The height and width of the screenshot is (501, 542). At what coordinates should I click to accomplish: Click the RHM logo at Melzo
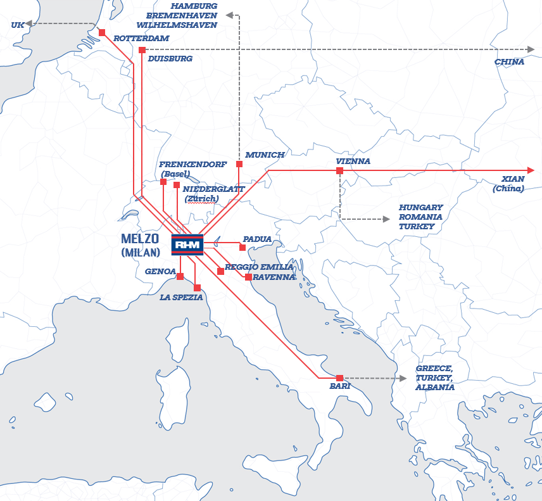tap(187, 244)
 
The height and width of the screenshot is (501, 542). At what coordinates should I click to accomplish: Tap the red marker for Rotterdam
tap(102, 32)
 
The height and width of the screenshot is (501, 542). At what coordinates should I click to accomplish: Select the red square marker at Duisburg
tap(142, 50)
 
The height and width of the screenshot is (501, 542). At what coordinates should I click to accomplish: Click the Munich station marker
tap(239, 164)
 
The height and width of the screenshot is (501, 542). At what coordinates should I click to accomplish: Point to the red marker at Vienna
tap(340, 171)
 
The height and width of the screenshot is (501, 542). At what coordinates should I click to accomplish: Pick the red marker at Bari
tap(340, 378)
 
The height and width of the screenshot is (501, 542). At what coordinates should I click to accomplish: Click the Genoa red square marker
tap(180, 276)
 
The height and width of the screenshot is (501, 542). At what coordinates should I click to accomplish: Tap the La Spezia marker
tap(197, 288)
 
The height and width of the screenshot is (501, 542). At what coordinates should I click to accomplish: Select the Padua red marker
tap(243, 247)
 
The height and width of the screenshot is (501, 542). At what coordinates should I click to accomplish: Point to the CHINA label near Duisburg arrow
tap(509, 62)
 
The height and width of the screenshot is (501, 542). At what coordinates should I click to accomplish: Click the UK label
tap(17, 25)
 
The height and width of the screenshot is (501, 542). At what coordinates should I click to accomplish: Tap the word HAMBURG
tap(194, 6)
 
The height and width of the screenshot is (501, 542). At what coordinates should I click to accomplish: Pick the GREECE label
tap(434, 369)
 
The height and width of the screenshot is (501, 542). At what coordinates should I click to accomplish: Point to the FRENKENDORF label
tap(192, 165)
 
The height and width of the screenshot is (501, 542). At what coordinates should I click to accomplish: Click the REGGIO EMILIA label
tap(259, 267)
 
